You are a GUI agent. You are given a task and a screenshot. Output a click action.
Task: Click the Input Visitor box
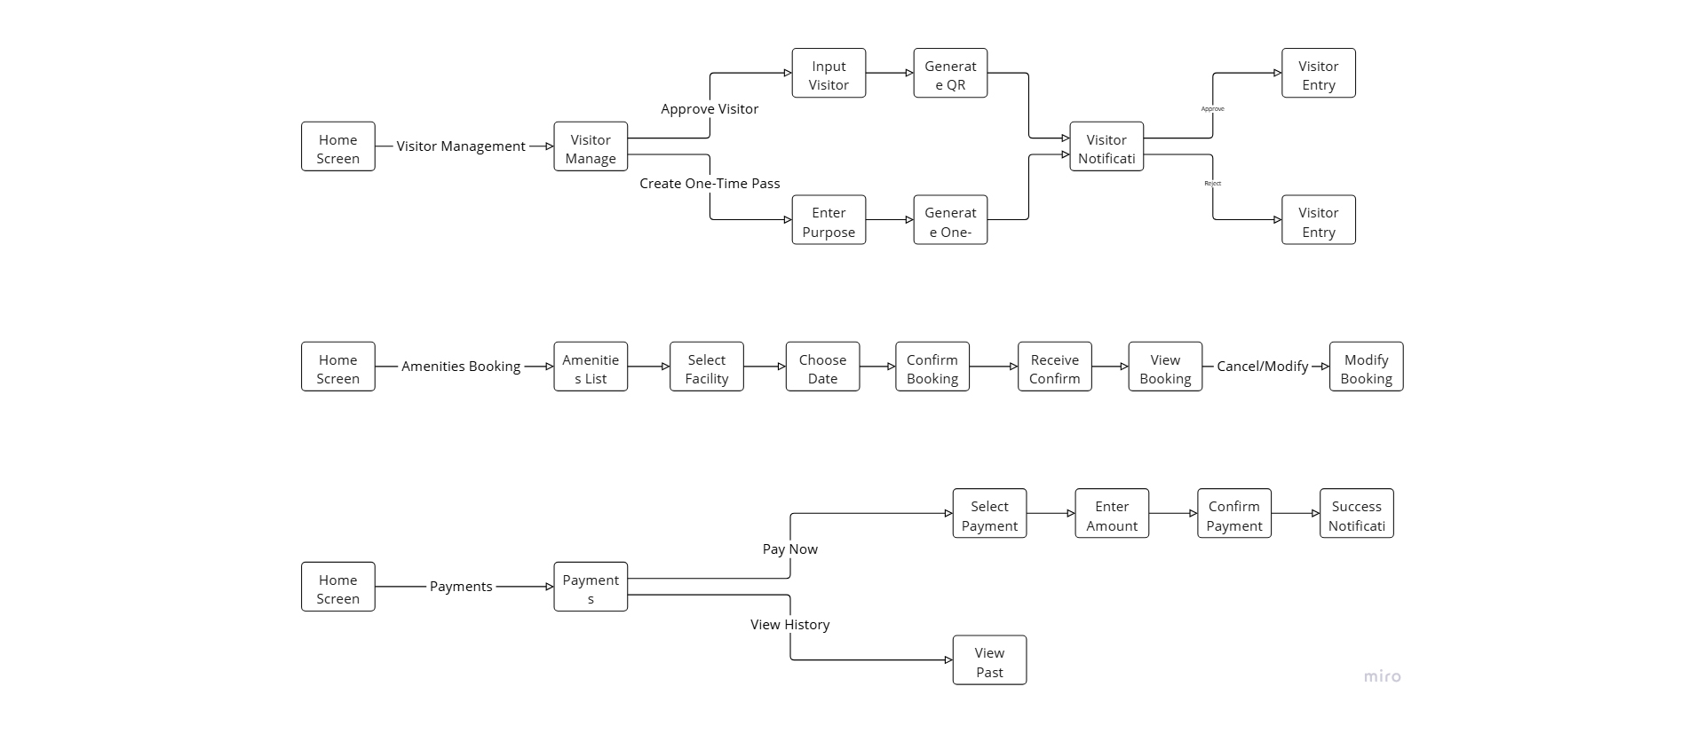(x=829, y=74)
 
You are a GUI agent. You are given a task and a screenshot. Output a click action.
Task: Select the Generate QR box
(x=950, y=74)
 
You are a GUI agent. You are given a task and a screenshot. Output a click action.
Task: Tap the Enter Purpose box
(x=829, y=220)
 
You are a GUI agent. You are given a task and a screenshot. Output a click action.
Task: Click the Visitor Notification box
(x=1106, y=147)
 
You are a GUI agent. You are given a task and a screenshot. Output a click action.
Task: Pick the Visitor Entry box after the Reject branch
(x=1318, y=220)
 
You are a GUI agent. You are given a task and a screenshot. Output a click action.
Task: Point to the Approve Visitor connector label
(x=710, y=109)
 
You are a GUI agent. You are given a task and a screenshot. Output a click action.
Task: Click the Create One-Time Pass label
(x=710, y=184)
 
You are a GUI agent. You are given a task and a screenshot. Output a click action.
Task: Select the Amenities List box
(x=591, y=367)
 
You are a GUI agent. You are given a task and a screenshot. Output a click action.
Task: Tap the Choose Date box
(x=822, y=367)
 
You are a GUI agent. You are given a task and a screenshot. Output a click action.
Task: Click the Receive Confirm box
(x=1054, y=367)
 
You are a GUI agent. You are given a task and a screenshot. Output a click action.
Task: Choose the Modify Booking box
(x=1366, y=367)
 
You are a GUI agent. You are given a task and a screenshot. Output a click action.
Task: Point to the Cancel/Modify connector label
(x=1262, y=367)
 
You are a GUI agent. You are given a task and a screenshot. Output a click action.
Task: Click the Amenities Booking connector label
(x=461, y=367)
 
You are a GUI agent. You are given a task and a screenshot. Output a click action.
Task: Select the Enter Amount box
(x=1112, y=514)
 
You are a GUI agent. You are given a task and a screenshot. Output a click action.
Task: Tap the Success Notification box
(x=1356, y=514)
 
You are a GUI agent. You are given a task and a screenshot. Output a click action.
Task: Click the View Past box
(x=989, y=660)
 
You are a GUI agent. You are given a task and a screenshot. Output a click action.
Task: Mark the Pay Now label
(x=790, y=549)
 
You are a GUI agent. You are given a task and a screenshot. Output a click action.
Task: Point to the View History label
(x=790, y=625)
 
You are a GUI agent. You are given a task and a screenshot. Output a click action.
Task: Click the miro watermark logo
(x=1382, y=676)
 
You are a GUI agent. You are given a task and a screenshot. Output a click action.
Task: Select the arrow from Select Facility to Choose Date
(x=765, y=367)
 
